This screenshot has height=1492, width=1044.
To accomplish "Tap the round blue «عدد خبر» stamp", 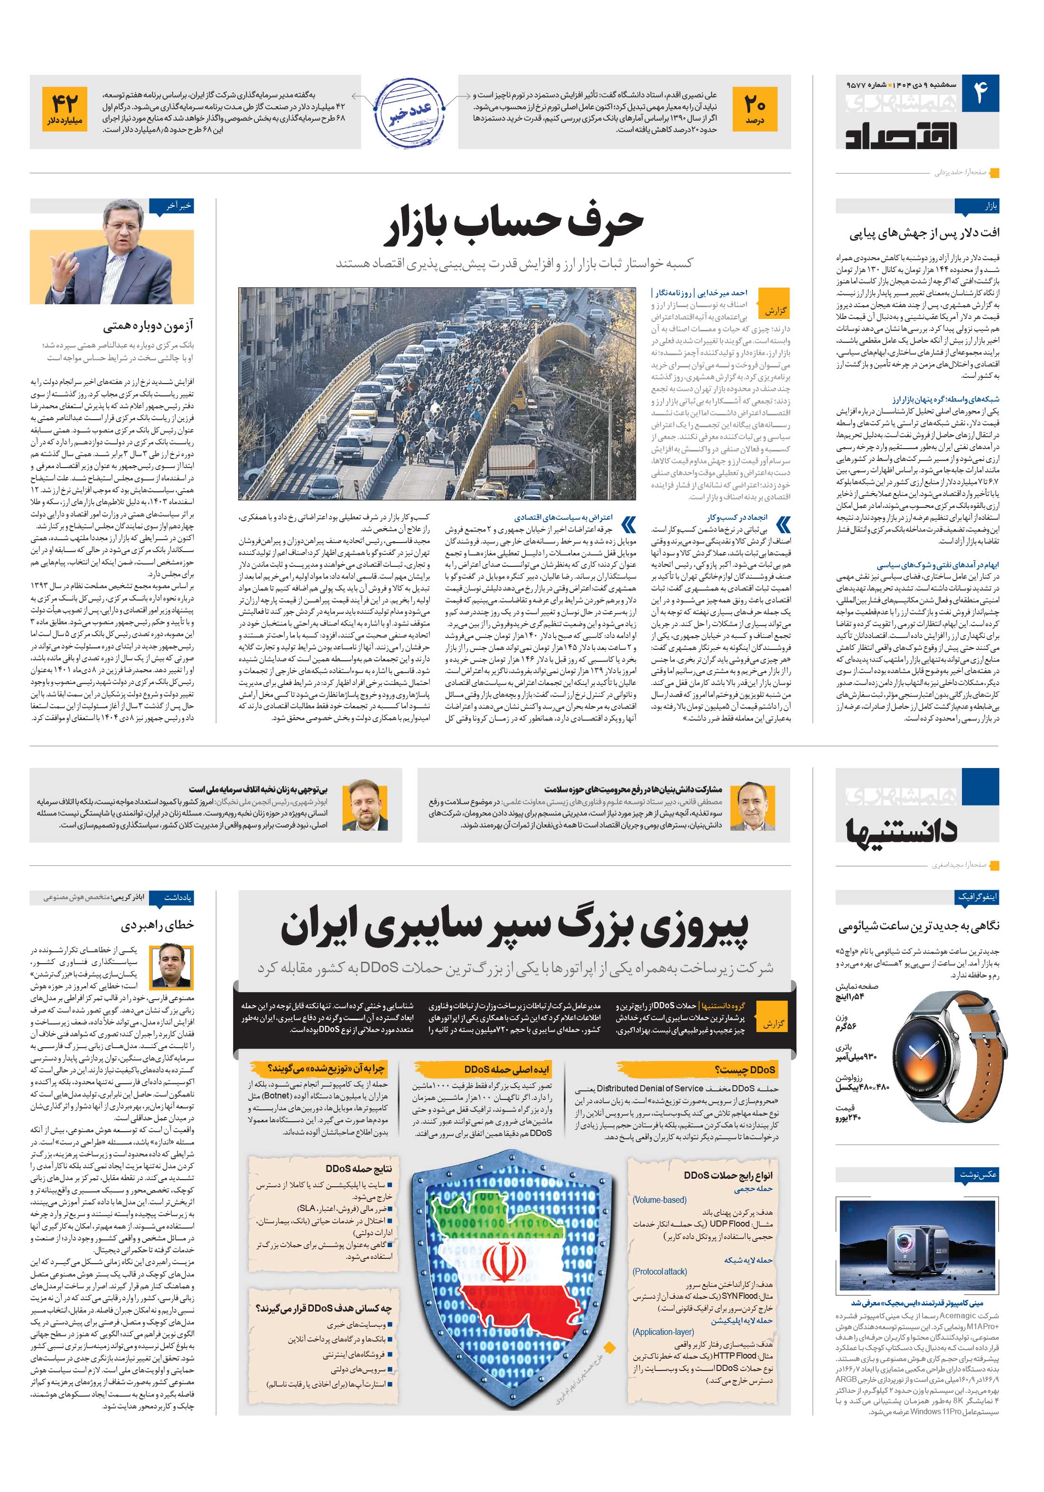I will [409, 112].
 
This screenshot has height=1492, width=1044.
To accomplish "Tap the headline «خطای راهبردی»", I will [158, 925].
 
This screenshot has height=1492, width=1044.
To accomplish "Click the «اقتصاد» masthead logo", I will [901, 133].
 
